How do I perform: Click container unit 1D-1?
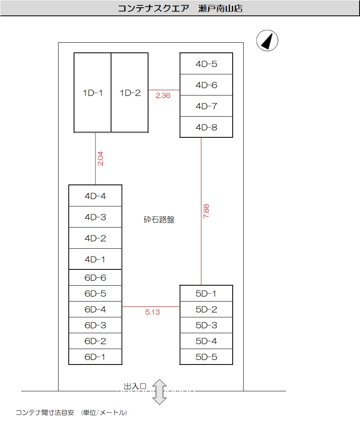click(x=93, y=93)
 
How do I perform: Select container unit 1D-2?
click(x=130, y=93)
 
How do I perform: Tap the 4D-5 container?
click(x=206, y=64)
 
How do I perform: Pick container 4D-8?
click(x=206, y=127)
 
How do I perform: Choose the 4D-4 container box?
click(x=95, y=196)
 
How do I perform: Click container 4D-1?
click(x=95, y=259)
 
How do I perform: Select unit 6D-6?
click(x=95, y=278)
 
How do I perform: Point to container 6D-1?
click(x=95, y=357)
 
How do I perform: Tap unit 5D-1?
click(x=206, y=293)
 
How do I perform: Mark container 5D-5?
click(x=206, y=357)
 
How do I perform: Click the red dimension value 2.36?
click(x=163, y=96)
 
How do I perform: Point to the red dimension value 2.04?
click(x=100, y=158)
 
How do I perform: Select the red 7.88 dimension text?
click(x=206, y=212)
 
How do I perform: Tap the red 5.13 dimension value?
click(x=152, y=312)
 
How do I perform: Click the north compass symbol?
click(x=267, y=41)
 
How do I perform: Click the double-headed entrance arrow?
click(x=159, y=392)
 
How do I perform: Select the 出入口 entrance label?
click(x=135, y=386)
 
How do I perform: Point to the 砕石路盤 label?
click(x=159, y=220)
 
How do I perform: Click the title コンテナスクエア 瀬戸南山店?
click(x=180, y=9)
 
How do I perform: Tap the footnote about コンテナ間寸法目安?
click(x=71, y=412)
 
